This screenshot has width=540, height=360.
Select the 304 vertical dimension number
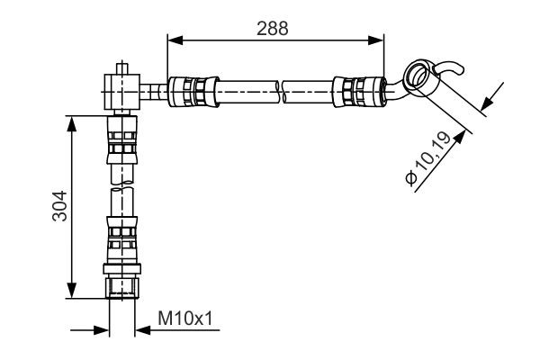(58, 208)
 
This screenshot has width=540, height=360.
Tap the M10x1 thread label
(184, 319)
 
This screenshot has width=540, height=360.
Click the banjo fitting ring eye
(418, 74)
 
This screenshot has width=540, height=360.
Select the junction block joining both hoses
(120, 90)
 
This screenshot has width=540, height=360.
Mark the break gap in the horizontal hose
(280, 90)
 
